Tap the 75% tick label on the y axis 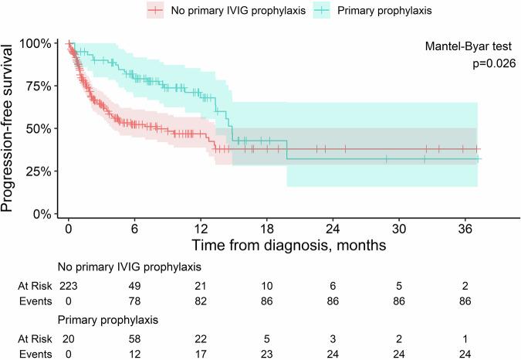click(x=36, y=86)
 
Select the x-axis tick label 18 click(x=267, y=229)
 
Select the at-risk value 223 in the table click(x=69, y=285)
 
